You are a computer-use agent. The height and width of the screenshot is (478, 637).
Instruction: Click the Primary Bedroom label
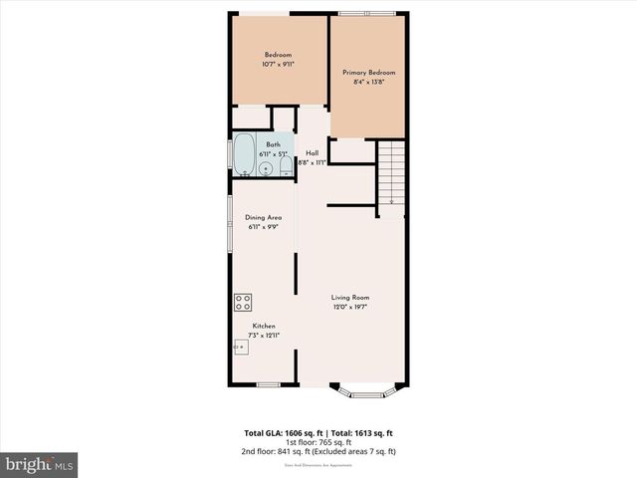click(x=368, y=73)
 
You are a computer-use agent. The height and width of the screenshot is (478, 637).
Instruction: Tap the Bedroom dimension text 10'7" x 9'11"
click(x=278, y=64)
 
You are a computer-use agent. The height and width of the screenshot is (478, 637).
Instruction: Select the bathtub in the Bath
click(x=244, y=156)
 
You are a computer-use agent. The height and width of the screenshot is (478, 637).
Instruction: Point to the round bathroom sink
click(x=266, y=169)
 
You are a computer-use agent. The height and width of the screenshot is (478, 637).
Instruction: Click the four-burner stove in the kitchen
click(x=243, y=302)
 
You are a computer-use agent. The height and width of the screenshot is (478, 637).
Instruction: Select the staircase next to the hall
click(x=392, y=173)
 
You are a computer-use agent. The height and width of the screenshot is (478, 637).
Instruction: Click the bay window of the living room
click(x=368, y=390)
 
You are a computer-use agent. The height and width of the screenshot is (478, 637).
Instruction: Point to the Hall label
click(x=312, y=152)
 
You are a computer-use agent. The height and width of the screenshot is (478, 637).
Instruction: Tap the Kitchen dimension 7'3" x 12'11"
click(x=264, y=336)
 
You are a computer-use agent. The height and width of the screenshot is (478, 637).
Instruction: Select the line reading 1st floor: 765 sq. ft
click(x=318, y=442)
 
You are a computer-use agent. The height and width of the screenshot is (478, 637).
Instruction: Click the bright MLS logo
click(x=40, y=464)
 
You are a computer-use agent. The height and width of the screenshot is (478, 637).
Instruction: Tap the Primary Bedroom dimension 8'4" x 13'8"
click(x=368, y=82)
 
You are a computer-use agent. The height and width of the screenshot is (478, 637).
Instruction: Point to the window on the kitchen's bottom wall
click(x=267, y=384)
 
